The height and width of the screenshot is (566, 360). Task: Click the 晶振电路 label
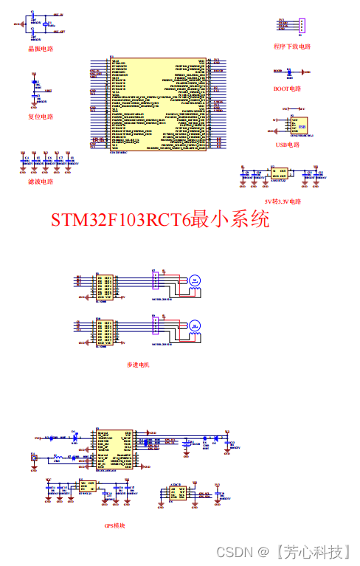click(x=41, y=49)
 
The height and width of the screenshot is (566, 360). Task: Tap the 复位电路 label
click(x=41, y=117)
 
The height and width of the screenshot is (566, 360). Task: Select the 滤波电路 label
click(x=41, y=182)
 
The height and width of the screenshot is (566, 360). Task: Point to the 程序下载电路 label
click(x=292, y=46)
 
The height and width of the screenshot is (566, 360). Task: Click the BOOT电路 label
click(x=287, y=89)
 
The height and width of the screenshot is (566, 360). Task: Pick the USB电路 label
click(x=288, y=145)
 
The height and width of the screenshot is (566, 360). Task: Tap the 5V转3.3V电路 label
click(x=283, y=201)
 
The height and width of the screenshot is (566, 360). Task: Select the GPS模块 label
click(x=115, y=525)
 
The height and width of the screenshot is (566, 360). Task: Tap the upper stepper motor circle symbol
click(x=195, y=280)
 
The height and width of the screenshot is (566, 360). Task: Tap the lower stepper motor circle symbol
click(x=195, y=325)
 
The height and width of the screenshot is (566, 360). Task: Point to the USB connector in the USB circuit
click(x=300, y=125)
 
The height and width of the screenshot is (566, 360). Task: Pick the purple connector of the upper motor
click(x=155, y=281)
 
